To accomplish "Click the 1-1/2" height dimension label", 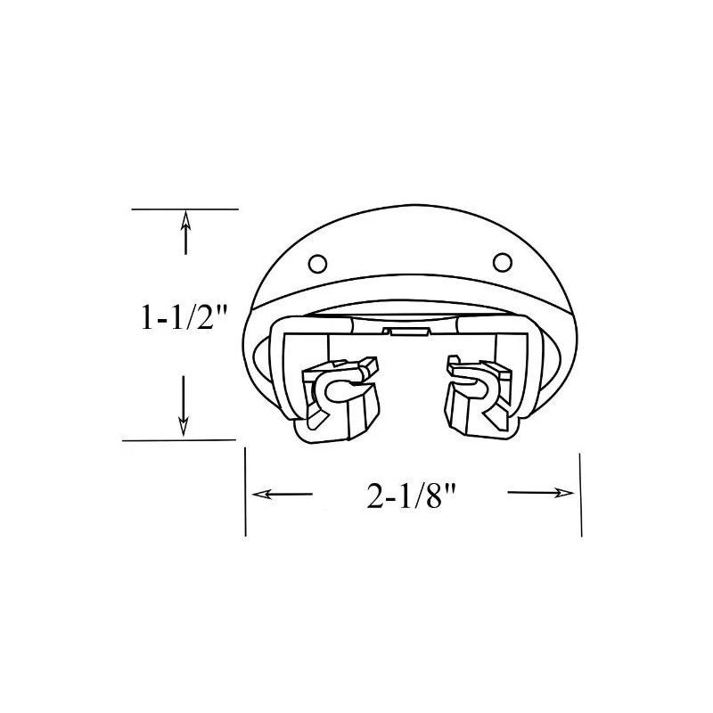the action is pyautogui.click(x=184, y=317).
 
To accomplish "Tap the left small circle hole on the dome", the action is pyautogui.click(x=317, y=263).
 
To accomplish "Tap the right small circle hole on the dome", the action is pyautogui.click(x=503, y=262).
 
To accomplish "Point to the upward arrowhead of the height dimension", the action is pyautogui.click(x=185, y=219).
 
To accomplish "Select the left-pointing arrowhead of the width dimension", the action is pyautogui.click(x=262, y=494).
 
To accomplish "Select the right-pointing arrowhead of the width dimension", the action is pyautogui.click(x=564, y=493).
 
